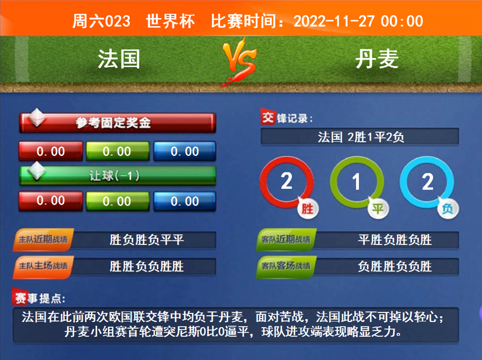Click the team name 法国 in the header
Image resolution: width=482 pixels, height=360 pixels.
coord(119,59)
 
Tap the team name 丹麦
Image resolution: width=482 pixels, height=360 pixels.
coord(377,59)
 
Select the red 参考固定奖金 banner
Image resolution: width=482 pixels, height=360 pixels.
coord(117,122)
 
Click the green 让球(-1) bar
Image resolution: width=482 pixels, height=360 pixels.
coord(117,175)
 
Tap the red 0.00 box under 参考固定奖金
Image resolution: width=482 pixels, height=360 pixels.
coord(50,151)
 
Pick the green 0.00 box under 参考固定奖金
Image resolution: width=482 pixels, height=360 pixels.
coord(117,151)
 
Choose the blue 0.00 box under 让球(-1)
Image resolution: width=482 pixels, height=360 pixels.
coord(185,201)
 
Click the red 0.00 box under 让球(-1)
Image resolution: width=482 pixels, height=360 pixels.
coord(50,201)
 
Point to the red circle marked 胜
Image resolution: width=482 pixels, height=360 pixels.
coord(287,183)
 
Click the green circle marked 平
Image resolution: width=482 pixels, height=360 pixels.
coord(357,183)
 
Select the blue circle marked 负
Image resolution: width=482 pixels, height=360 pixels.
coord(427,183)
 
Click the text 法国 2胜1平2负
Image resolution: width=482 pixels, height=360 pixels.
coord(360,137)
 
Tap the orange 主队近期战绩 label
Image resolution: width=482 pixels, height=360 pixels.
coord(43,240)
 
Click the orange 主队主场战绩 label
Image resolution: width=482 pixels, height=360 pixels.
coord(43,265)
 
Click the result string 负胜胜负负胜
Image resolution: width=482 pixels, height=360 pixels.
coord(395,266)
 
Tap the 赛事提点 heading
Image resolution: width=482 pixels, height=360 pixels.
coord(39,298)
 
